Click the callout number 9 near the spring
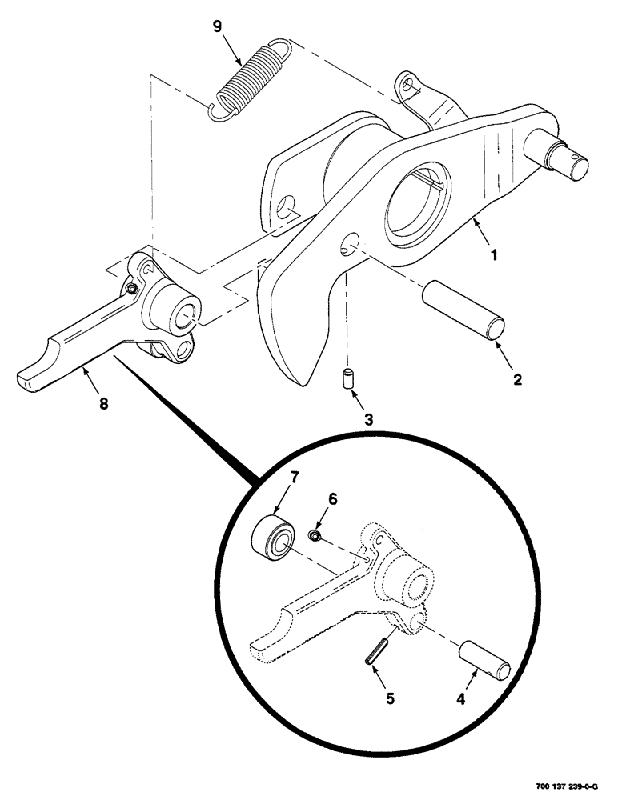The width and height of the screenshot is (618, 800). coord(218,26)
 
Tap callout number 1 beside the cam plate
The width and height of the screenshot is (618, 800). coord(494,257)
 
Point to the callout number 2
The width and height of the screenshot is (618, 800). coord(517,380)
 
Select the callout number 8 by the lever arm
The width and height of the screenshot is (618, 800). coord(102,404)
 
